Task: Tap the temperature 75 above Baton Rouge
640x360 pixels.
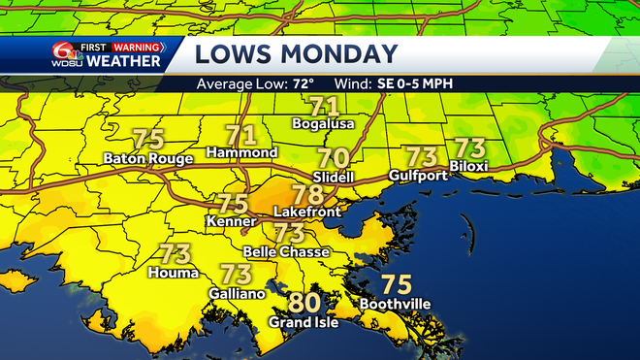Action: [147, 138]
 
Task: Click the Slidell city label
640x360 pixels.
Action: [335, 177]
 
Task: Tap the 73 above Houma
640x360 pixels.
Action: [174, 255]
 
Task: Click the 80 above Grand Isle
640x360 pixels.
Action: [304, 303]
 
